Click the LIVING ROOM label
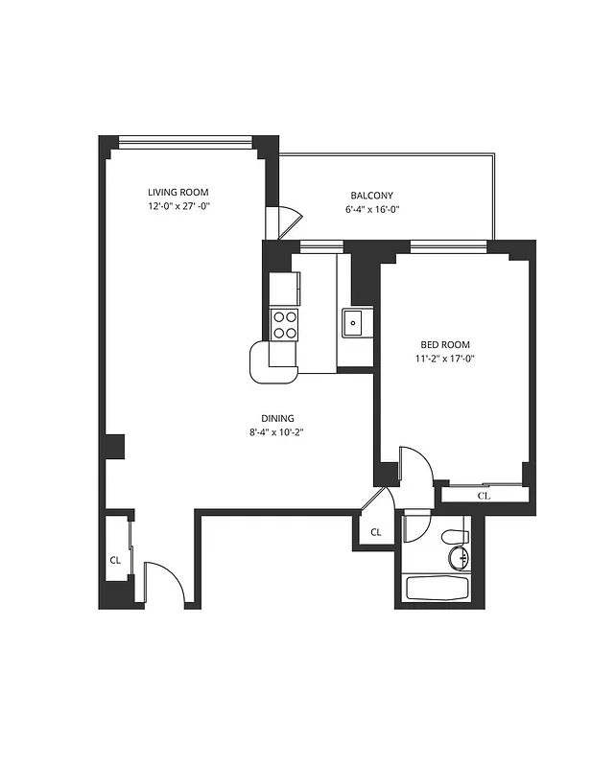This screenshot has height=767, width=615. point(177,192)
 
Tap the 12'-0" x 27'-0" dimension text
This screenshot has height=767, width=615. point(177,206)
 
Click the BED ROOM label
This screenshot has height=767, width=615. point(445,344)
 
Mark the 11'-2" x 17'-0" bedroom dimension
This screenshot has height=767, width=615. point(445,359)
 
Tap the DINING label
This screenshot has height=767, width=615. point(277,418)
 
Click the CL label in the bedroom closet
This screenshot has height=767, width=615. point(484,496)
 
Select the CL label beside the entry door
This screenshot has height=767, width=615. point(115,560)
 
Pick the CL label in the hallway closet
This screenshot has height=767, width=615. point(375,532)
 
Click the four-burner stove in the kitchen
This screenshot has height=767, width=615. point(284,324)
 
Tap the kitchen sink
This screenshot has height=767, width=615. point(353,323)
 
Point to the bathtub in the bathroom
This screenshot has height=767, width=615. point(435,587)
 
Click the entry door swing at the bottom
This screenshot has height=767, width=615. point(161,583)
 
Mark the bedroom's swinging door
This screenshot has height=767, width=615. point(415,465)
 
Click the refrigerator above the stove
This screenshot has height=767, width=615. point(284,288)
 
